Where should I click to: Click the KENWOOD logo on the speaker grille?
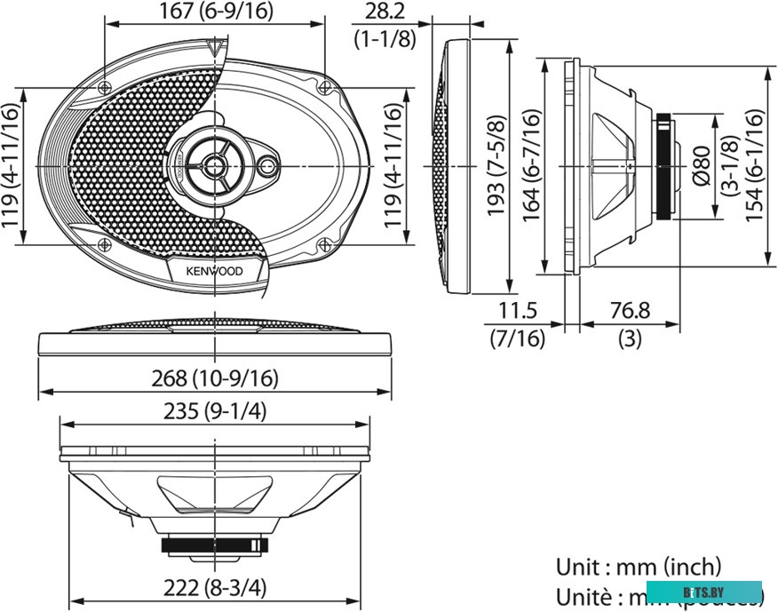215,272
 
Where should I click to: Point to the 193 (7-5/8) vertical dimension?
498,166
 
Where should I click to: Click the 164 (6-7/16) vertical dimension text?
529,166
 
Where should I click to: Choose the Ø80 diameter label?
701,166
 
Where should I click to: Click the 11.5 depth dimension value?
518,311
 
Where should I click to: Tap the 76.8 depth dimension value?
629,311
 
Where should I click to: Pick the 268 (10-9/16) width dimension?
215,378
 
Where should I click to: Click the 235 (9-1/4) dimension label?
215,411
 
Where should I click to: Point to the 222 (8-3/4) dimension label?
215,587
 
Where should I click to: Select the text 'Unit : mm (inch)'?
639,567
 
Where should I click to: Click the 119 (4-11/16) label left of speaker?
11,166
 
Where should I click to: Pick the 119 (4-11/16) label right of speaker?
391,166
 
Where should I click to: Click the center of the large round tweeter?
214,163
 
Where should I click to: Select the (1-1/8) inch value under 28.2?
384,39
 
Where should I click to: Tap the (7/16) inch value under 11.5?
518,338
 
